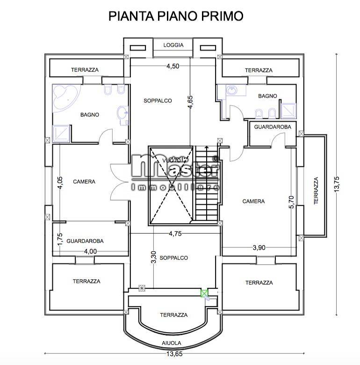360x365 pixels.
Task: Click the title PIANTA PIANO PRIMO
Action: tap(176, 16)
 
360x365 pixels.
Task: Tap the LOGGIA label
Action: tap(173, 45)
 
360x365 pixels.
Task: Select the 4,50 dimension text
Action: tap(173, 66)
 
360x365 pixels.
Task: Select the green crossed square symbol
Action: tap(204, 294)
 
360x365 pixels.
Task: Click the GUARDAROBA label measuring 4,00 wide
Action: tap(85, 241)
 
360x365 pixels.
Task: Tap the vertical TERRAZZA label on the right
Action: tap(316, 190)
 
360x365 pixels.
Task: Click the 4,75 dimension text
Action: tap(174, 234)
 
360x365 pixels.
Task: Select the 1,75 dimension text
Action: tap(60, 238)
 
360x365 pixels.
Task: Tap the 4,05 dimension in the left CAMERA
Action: tap(60, 182)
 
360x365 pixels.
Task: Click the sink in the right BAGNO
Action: tap(231, 89)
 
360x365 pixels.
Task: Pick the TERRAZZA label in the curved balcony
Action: tap(173, 315)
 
